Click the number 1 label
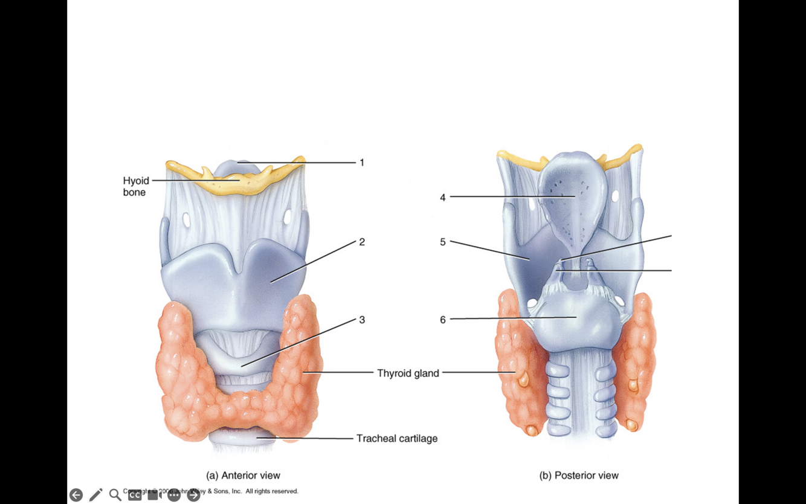pyautogui.click(x=362, y=163)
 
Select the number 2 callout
pyautogui.click(x=362, y=242)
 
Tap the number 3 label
pyautogui.click(x=362, y=320)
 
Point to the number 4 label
pyautogui.click(x=443, y=197)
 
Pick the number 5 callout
pyautogui.click(x=443, y=242)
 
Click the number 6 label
pyautogui.click(x=443, y=320)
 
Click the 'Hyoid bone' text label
pyautogui.click(x=135, y=186)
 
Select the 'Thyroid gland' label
pyautogui.click(x=408, y=373)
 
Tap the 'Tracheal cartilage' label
pyautogui.click(x=396, y=438)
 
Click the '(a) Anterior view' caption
pyautogui.click(x=243, y=476)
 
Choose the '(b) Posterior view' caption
pyautogui.click(x=578, y=476)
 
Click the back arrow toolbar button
pyautogui.click(x=76, y=495)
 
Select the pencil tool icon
pyautogui.click(x=95, y=495)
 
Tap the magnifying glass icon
pyautogui.click(x=115, y=495)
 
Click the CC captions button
pyautogui.click(x=135, y=495)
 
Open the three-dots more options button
pyautogui.click(x=174, y=495)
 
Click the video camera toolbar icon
pyautogui.click(x=155, y=495)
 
